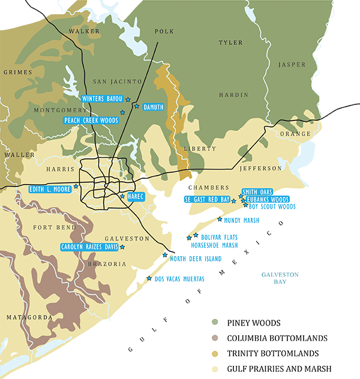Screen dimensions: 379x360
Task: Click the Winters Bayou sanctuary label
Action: coord(101,98)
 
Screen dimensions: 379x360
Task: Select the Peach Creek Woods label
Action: coord(91,121)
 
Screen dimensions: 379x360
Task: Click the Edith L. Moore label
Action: coord(50,189)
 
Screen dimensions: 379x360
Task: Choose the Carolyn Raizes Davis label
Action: coord(89,246)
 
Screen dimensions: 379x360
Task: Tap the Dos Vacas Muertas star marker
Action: coord(149,278)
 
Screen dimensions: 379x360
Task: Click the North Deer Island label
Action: coord(195,259)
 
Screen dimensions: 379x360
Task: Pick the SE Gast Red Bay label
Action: coord(207,199)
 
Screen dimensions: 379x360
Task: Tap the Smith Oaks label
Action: coord(257,192)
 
